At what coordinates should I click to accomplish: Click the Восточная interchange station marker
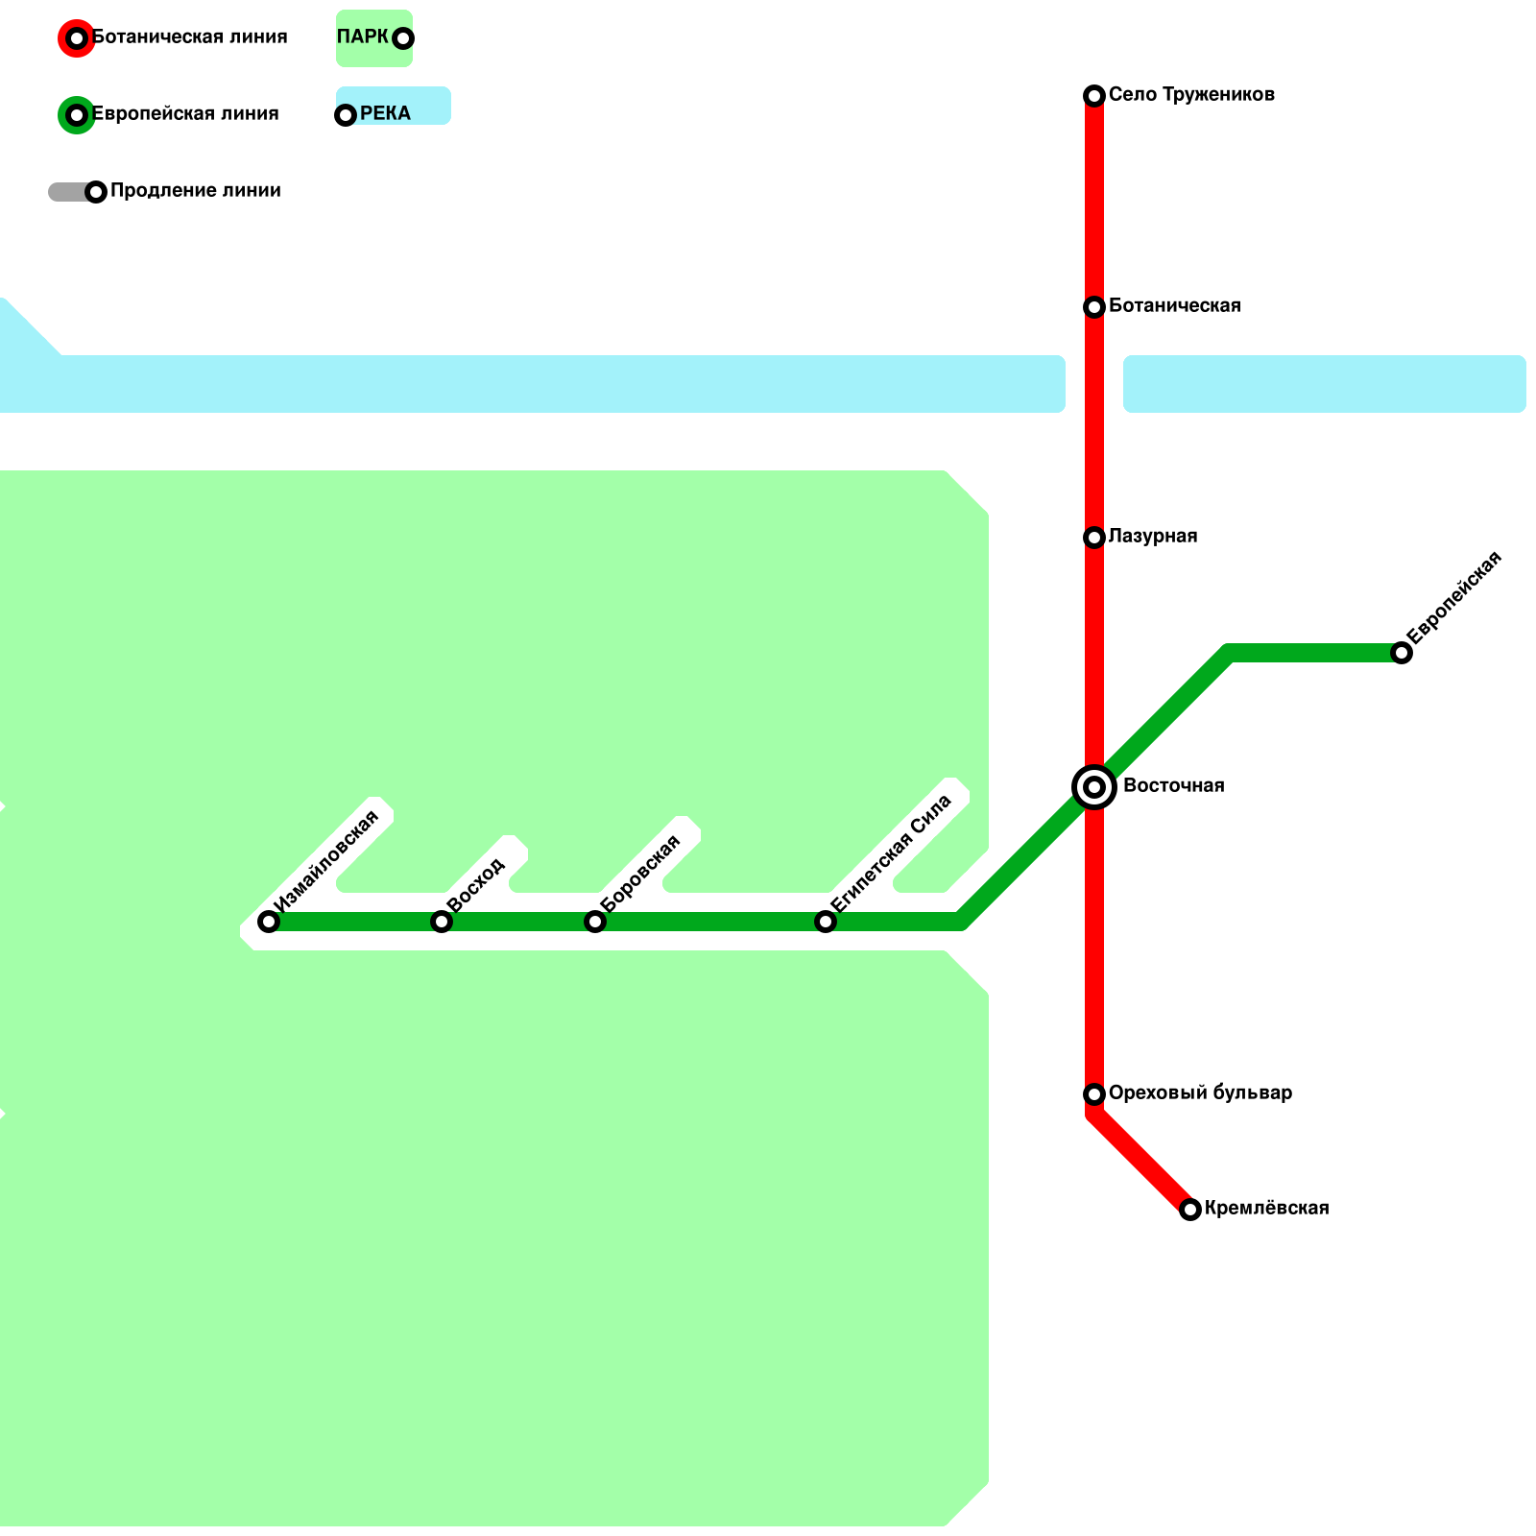(1094, 787)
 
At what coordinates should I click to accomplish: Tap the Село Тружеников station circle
(1094, 95)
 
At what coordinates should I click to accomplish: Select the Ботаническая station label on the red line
(1174, 306)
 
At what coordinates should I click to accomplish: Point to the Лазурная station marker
(1094, 537)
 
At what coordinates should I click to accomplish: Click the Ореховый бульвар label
(1200, 1093)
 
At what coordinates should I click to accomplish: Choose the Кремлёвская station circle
(1190, 1210)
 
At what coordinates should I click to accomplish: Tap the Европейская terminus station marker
(1402, 653)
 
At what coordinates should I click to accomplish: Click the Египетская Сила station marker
(826, 922)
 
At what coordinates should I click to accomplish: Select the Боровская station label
(640, 873)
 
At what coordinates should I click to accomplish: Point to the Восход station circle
(442, 922)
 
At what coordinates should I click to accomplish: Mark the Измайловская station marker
(269, 922)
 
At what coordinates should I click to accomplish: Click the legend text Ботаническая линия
(189, 37)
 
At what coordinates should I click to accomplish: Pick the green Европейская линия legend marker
(77, 115)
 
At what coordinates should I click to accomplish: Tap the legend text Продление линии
(195, 191)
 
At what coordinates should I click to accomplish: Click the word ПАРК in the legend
(362, 37)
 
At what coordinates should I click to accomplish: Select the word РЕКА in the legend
(385, 114)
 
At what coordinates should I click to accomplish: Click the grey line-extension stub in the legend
(67, 192)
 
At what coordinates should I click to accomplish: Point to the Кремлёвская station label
(1266, 1209)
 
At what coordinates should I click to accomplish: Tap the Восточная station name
(1173, 786)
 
